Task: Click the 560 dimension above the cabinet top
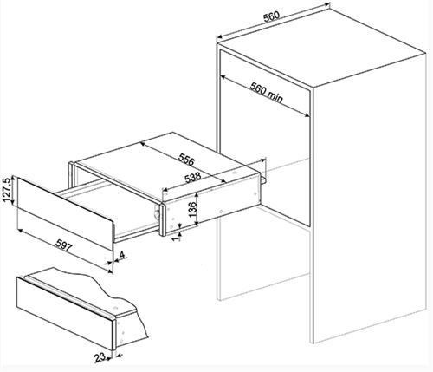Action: click(x=272, y=16)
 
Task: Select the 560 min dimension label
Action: click(x=266, y=93)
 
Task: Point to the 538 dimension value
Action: click(x=192, y=178)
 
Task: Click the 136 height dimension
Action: click(x=192, y=207)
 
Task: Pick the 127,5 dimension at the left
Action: click(x=6, y=189)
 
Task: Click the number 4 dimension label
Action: click(x=122, y=255)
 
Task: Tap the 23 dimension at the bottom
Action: click(x=100, y=358)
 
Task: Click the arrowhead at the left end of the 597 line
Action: click(x=20, y=231)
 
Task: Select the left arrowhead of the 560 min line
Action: click(x=223, y=77)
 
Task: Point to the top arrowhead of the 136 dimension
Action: click(x=197, y=195)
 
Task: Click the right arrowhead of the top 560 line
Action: click(x=327, y=4)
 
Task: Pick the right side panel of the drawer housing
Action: click(x=212, y=204)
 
